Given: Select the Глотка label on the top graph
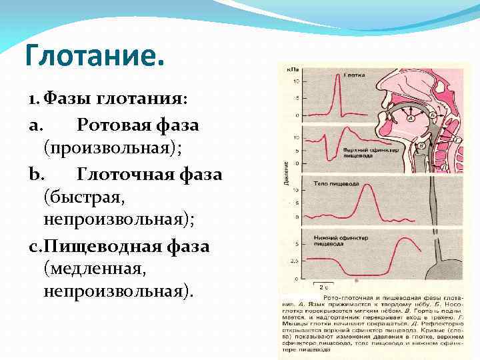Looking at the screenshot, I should pos(353,75).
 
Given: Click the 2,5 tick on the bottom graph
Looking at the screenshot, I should pos(294,260).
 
